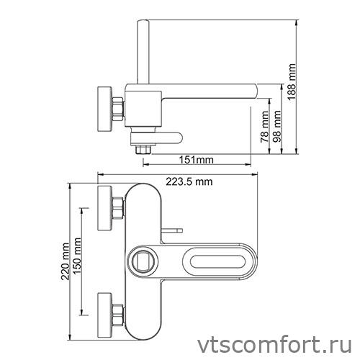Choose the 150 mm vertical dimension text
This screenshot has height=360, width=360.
76,260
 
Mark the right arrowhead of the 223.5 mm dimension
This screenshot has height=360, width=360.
258,174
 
